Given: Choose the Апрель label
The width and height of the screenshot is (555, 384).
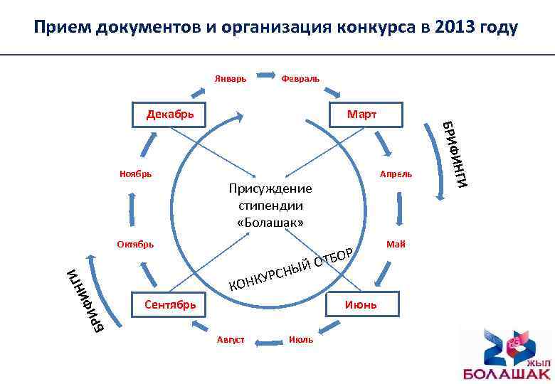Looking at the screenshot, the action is pyautogui.click(x=396, y=174).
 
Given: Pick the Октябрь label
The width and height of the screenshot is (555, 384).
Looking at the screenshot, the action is pyautogui.click(x=135, y=244).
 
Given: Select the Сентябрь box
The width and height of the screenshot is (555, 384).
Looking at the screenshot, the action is pyautogui.click(x=169, y=305).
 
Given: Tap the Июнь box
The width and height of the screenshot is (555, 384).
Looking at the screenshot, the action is pyautogui.click(x=361, y=305).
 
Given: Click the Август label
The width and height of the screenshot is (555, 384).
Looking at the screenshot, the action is pyautogui.click(x=230, y=340).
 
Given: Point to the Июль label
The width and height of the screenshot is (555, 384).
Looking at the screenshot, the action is pyautogui.click(x=301, y=340).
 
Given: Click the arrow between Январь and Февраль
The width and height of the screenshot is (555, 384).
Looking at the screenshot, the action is pyautogui.click(x=265, y=73).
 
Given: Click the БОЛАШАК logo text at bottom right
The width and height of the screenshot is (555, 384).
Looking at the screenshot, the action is pyautogui.click(x=507, y=373).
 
